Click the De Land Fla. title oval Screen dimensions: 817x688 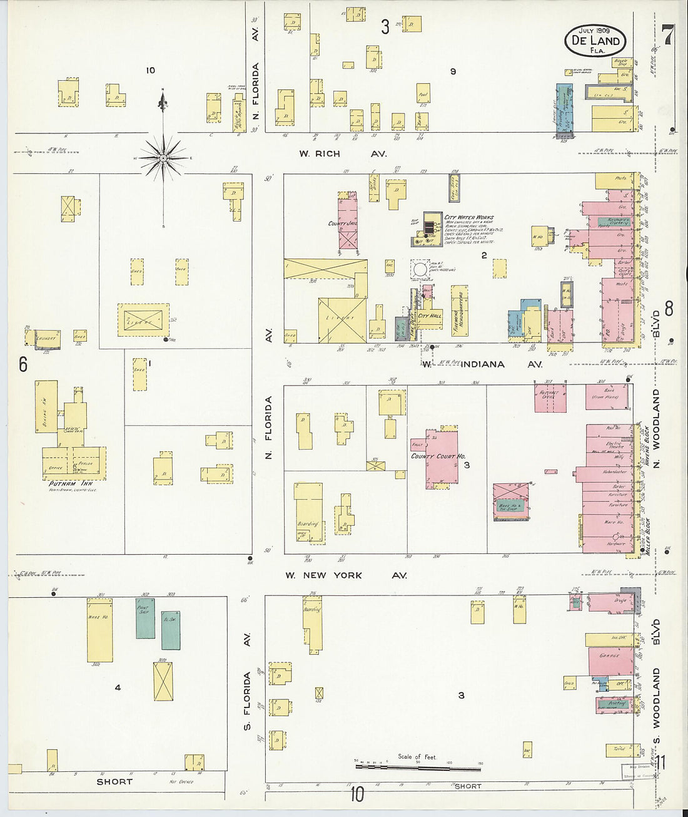[x=595, y=41]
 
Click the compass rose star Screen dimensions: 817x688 [x=163, y=158]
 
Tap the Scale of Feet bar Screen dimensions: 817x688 [x=418, y=766]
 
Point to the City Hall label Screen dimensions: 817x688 [x=430, y=316]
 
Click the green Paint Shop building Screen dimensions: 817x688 [x=145, y=618]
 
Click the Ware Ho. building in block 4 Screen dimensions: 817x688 [x=99, y=630]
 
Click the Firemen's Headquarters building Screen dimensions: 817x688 [x=460, y=310]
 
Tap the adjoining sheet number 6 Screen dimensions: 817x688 [x=23, y=364]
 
